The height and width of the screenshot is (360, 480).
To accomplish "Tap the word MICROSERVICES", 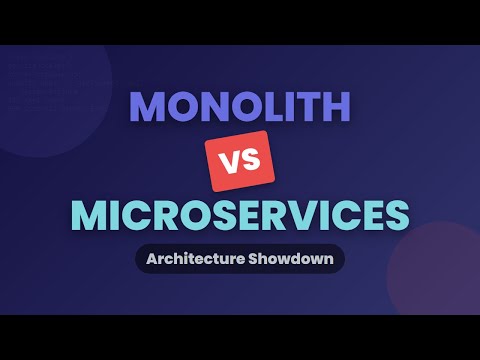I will pos(240,214).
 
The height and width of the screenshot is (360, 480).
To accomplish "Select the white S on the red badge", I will pos(252,161).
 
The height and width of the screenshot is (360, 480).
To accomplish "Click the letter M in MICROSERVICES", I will pos(89,214).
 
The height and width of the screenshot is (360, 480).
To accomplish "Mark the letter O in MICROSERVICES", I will pos(187,214).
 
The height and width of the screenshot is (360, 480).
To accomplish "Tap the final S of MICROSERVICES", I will pos(397,214).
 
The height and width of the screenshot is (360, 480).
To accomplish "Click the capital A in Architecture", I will pos(151,259).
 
